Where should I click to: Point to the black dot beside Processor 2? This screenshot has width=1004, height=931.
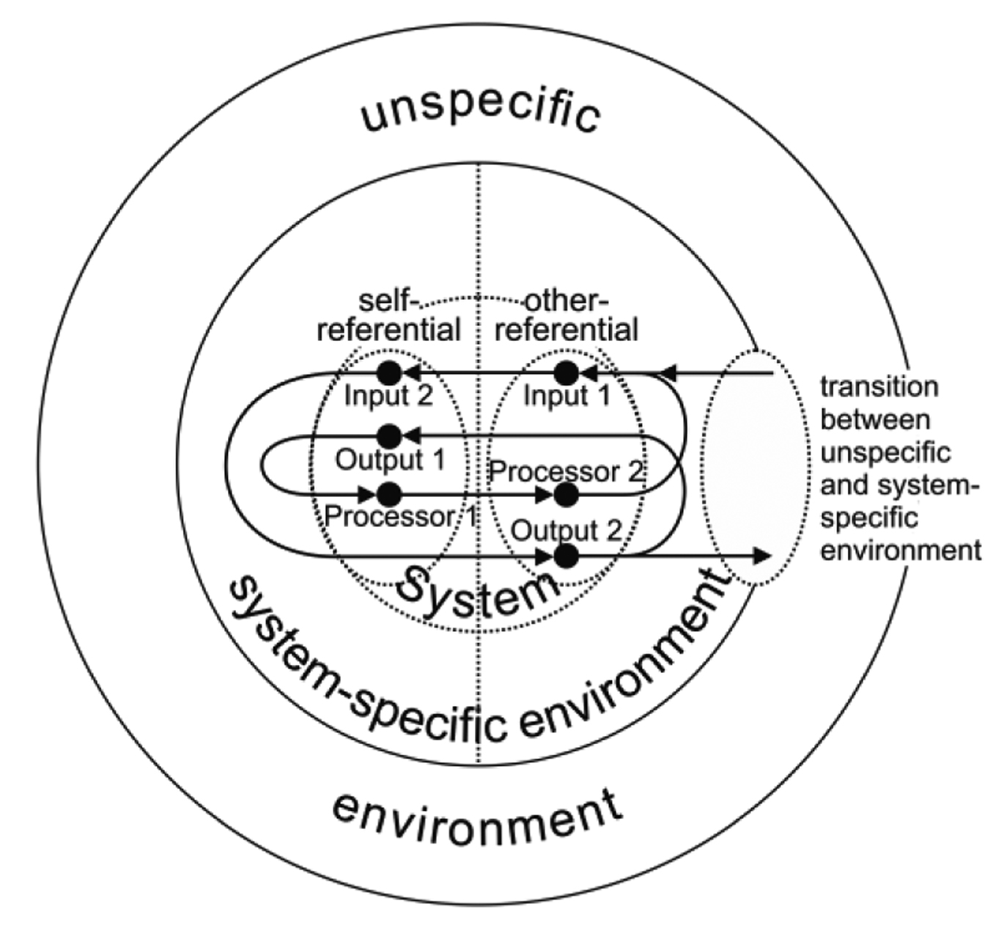pos(565,496)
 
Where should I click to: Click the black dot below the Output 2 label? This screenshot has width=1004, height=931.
pos(565,556)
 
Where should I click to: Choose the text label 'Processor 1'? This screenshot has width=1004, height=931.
pos(400,517)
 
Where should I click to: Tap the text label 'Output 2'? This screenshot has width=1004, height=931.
pos(565,530)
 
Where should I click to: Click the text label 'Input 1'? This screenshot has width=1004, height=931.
pos(566,397)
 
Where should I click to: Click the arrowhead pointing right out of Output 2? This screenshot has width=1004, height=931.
pos(762,556)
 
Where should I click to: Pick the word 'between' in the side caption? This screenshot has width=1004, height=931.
pos(875,419)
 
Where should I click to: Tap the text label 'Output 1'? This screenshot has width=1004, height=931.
pos(390,460)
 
